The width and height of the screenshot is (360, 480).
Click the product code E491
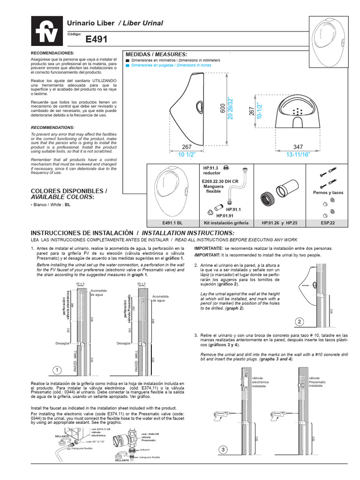point(96,40)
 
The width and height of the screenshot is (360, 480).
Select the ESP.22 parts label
point(328,223)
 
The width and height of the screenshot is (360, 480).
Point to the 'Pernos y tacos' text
point(328,193)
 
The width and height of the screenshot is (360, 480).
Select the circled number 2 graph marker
point(299,322)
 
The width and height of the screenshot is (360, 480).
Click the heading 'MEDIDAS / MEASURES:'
point(154,54)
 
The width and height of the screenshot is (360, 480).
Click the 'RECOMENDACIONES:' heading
point(52,53)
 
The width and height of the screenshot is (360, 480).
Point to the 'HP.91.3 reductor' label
point(212,170)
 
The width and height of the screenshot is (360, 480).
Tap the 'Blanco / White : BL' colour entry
point(51,205)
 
